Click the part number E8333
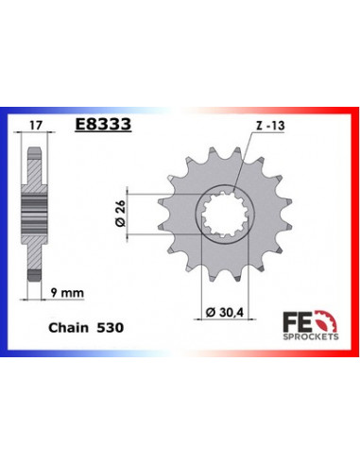[x=103, y=124]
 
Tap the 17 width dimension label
[x=35, y=126]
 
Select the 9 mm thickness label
[x=67, y=293]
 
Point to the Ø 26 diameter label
[x=120, y=214]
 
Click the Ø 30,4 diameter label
[x=225, y=312]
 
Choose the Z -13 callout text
[x=270, y=126]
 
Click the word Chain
[x=69, y=328]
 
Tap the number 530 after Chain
[x=111, y=328]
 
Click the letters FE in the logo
[x=296, y=321]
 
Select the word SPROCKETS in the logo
[x=311, y=336]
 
